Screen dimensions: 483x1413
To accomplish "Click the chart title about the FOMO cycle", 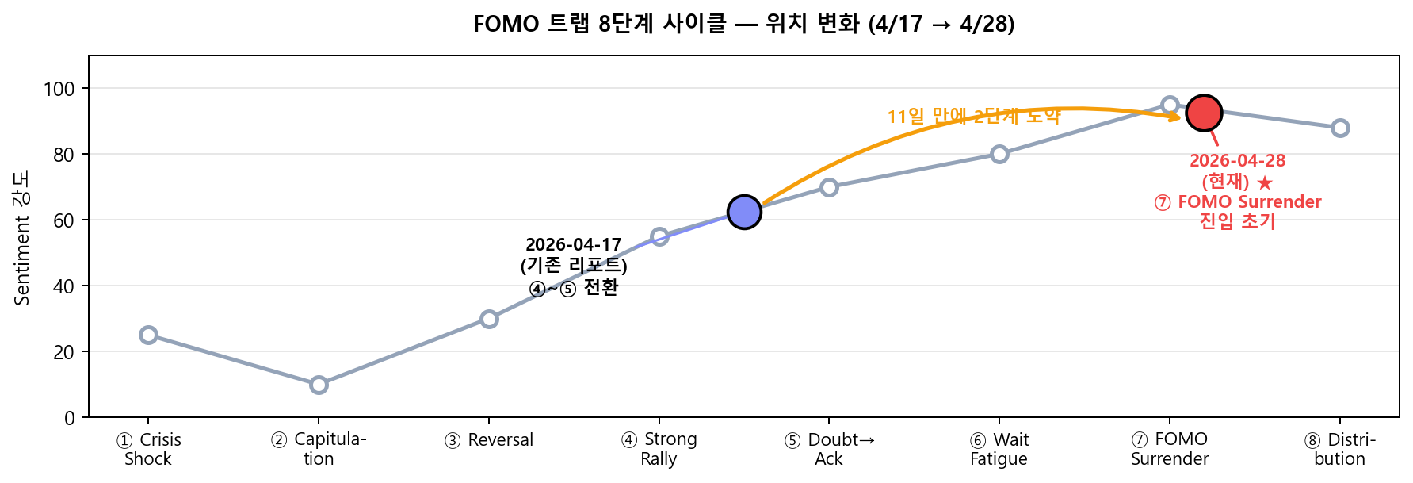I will (743, 24).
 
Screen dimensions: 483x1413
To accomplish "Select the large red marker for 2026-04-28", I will (1204, 113).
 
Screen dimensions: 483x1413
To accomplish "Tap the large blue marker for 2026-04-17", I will (744, 212).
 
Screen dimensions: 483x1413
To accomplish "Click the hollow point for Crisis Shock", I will (148, 335).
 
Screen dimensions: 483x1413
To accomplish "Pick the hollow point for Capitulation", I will (319, 385).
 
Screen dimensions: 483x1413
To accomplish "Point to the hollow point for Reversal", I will (489, 319).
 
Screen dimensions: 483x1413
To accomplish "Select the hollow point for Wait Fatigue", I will (999, 154).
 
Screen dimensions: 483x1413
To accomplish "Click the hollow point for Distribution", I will (1340, 128).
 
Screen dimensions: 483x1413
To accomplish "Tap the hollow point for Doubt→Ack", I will (829, 187).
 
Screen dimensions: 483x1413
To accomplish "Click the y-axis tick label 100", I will (59, 89).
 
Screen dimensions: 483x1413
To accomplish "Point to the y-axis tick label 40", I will (63, 286).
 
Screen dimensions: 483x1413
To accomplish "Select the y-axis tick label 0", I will (69, 418).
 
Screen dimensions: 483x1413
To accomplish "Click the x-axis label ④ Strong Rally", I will (659, 449).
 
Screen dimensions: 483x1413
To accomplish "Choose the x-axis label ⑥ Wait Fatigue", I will (999, 449).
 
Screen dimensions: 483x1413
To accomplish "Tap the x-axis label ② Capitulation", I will (319, 449).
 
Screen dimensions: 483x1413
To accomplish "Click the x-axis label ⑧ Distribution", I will (1340, 449).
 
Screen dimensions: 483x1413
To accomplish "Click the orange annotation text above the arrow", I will (973, 117).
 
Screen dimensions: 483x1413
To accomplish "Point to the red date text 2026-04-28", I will (1237, 160).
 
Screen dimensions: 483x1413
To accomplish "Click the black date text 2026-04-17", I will (573, 244).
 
